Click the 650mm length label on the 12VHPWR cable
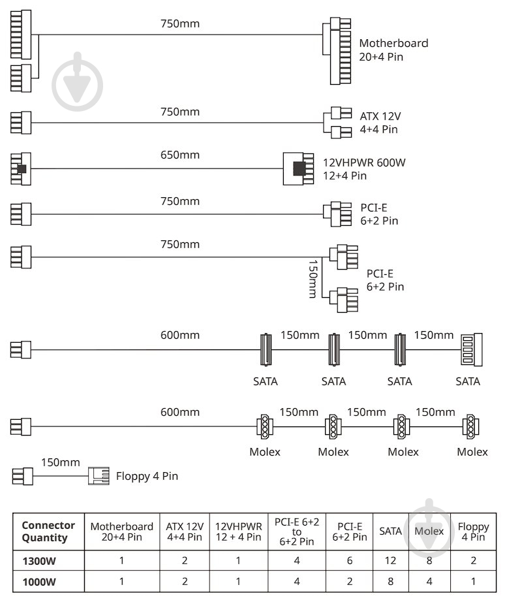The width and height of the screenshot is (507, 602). click(180, 155)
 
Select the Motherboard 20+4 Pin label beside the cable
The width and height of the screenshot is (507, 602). click(393, 50)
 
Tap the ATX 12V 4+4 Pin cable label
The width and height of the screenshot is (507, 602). click(380, 123)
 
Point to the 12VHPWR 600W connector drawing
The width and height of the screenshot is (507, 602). click(300, 168)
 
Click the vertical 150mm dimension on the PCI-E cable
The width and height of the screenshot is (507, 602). click(313, 279)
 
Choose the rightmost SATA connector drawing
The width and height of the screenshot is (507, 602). click(468, 351)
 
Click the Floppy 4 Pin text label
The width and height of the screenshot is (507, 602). click(146, 476)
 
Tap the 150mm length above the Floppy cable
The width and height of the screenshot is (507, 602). click(60, 462)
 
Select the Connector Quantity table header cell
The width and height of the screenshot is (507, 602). click(48, 531)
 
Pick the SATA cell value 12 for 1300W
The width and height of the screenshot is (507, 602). click(390, 561)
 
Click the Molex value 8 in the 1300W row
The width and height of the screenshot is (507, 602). click(429, 561)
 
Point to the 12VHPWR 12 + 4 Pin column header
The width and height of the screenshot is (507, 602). click(239, 531)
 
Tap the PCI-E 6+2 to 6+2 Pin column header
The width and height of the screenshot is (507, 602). click(296, 531)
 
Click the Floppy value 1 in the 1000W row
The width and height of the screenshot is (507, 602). click(473, 582)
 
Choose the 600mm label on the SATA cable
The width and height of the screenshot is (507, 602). click(180, 336)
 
